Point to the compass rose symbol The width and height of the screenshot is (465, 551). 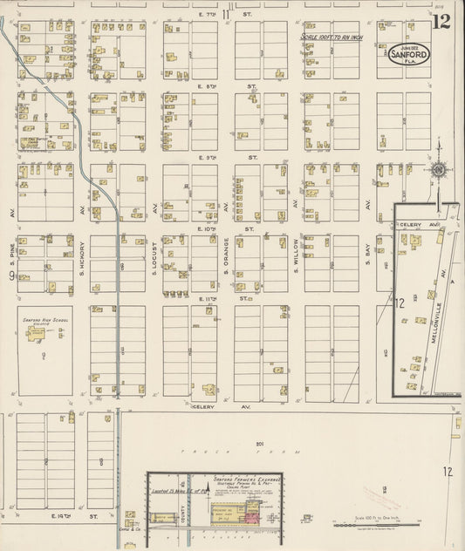pyautogui.click(x=439, y=169)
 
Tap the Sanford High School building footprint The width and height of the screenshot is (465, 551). pyautogui.click(x=40, y=354)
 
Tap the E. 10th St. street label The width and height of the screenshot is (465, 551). pyautogui.click(x=214, y=228)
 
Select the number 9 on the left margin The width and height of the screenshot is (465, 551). pyautogui.click(x=11, y=276)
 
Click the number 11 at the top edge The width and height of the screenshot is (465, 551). pyautogui.click(x=226, y=13)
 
